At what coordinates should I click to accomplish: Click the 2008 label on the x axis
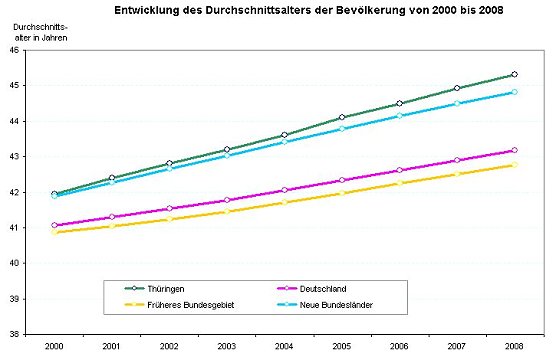(514, 346)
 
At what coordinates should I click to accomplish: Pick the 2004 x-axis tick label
(284, 346)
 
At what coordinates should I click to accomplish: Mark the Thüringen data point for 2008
(514, 74)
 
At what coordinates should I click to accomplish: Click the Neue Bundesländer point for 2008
(514, 92)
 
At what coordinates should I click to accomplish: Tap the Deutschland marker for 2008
(514, 150)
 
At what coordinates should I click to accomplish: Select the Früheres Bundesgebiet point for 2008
(514, 164)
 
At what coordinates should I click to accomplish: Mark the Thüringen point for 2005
(342, 117)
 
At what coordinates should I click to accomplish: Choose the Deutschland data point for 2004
(284, 190)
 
